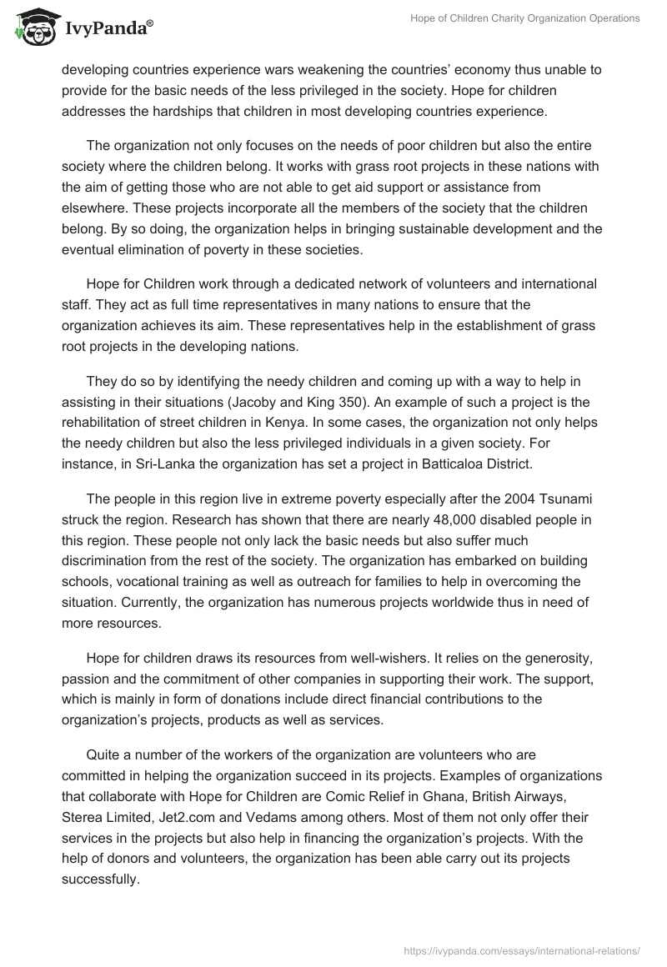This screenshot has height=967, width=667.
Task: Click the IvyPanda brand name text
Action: coord(108,29)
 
